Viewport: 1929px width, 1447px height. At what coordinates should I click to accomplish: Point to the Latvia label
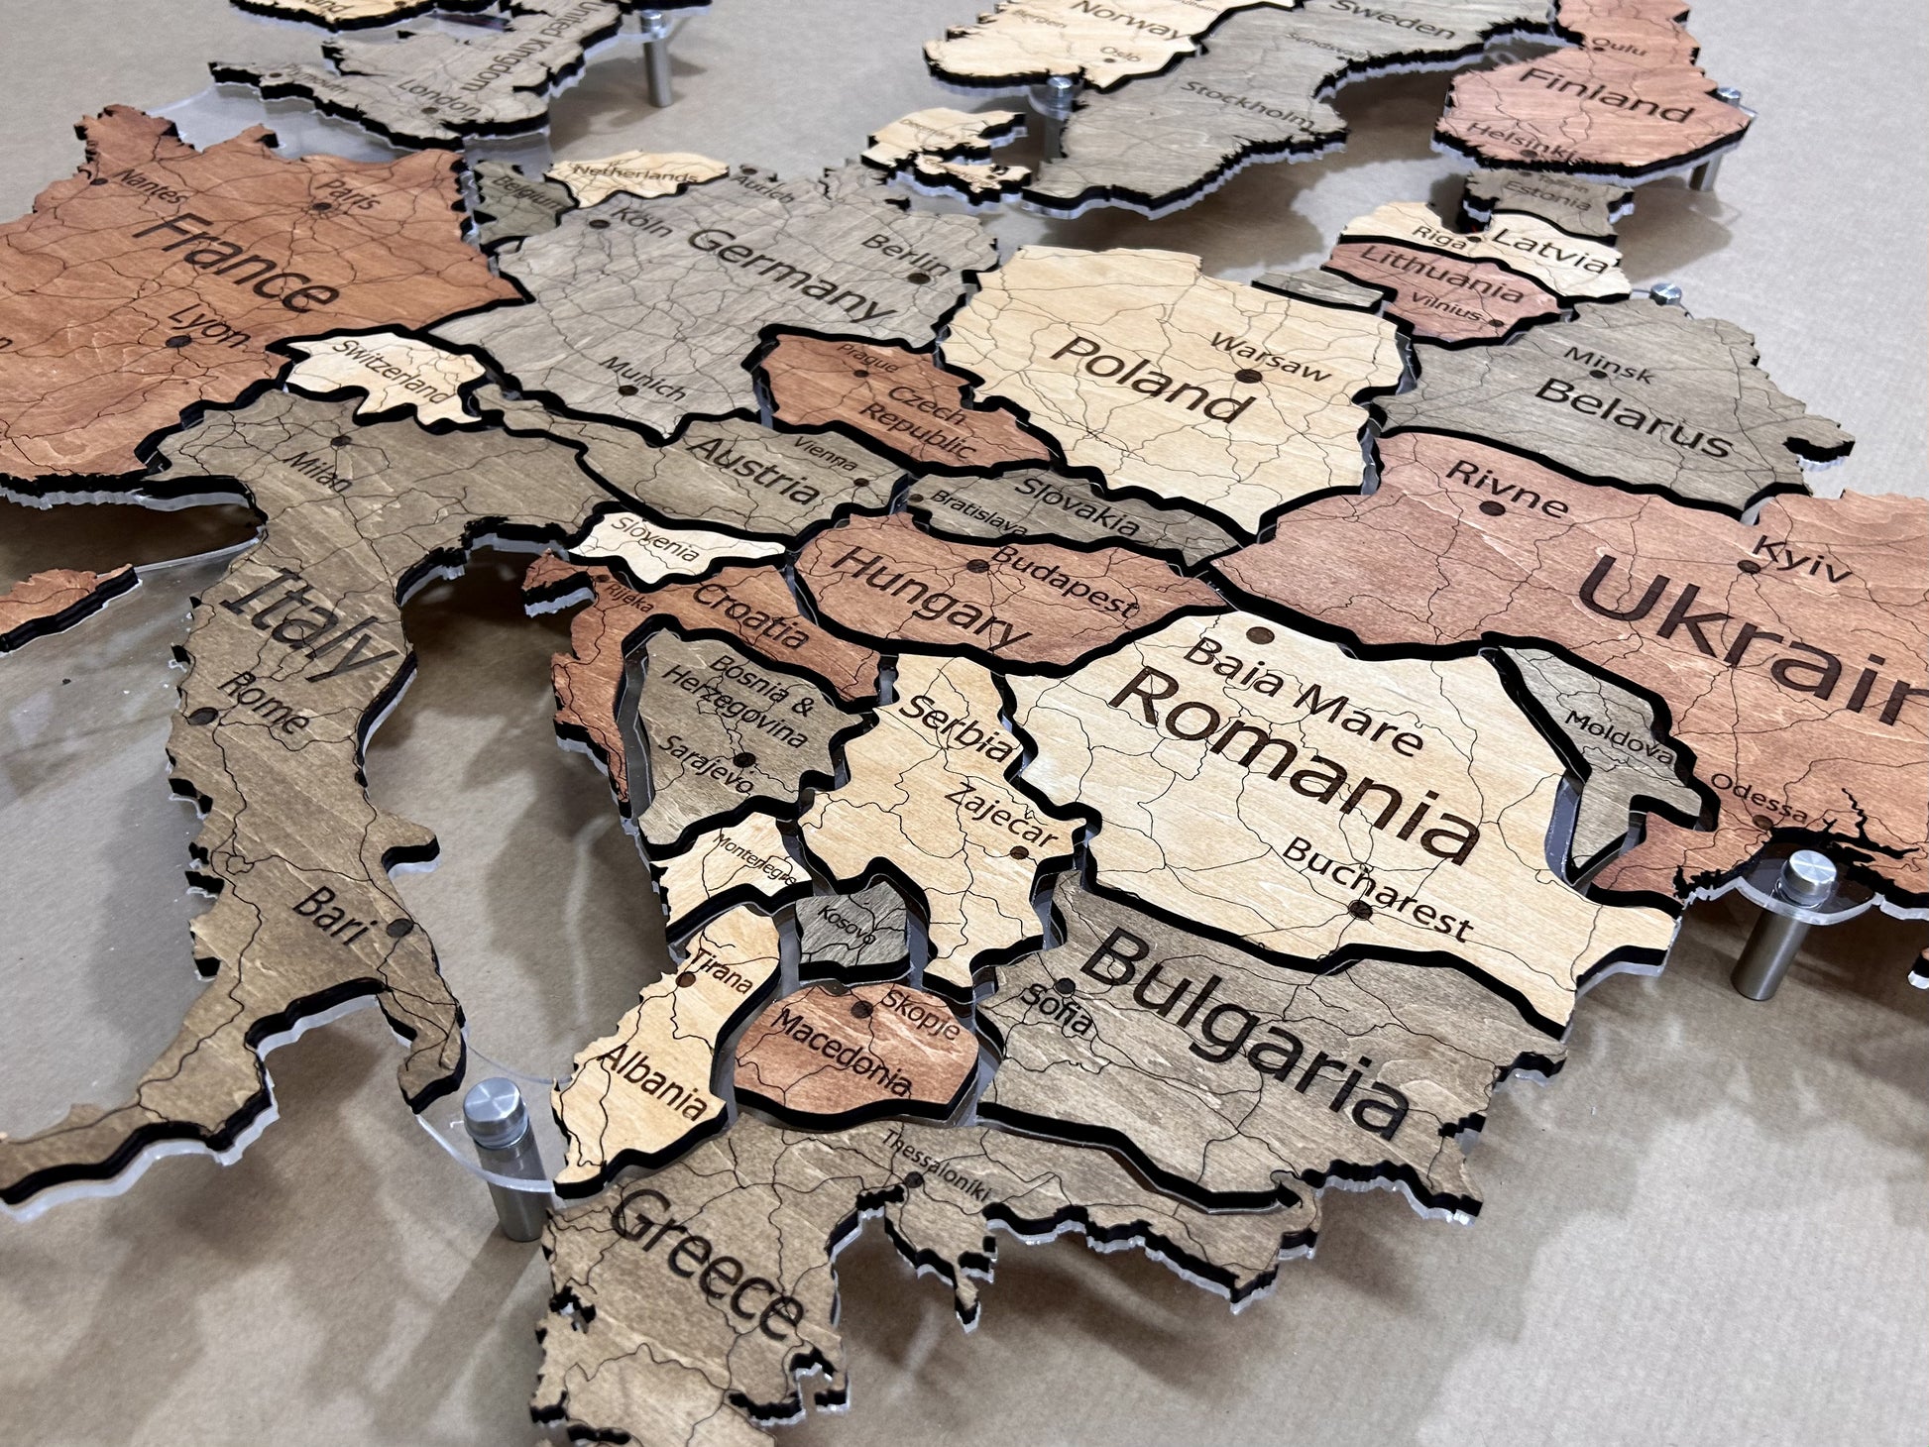coord(1547,250)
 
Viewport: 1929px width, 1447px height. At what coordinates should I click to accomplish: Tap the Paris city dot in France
coord(322,207)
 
